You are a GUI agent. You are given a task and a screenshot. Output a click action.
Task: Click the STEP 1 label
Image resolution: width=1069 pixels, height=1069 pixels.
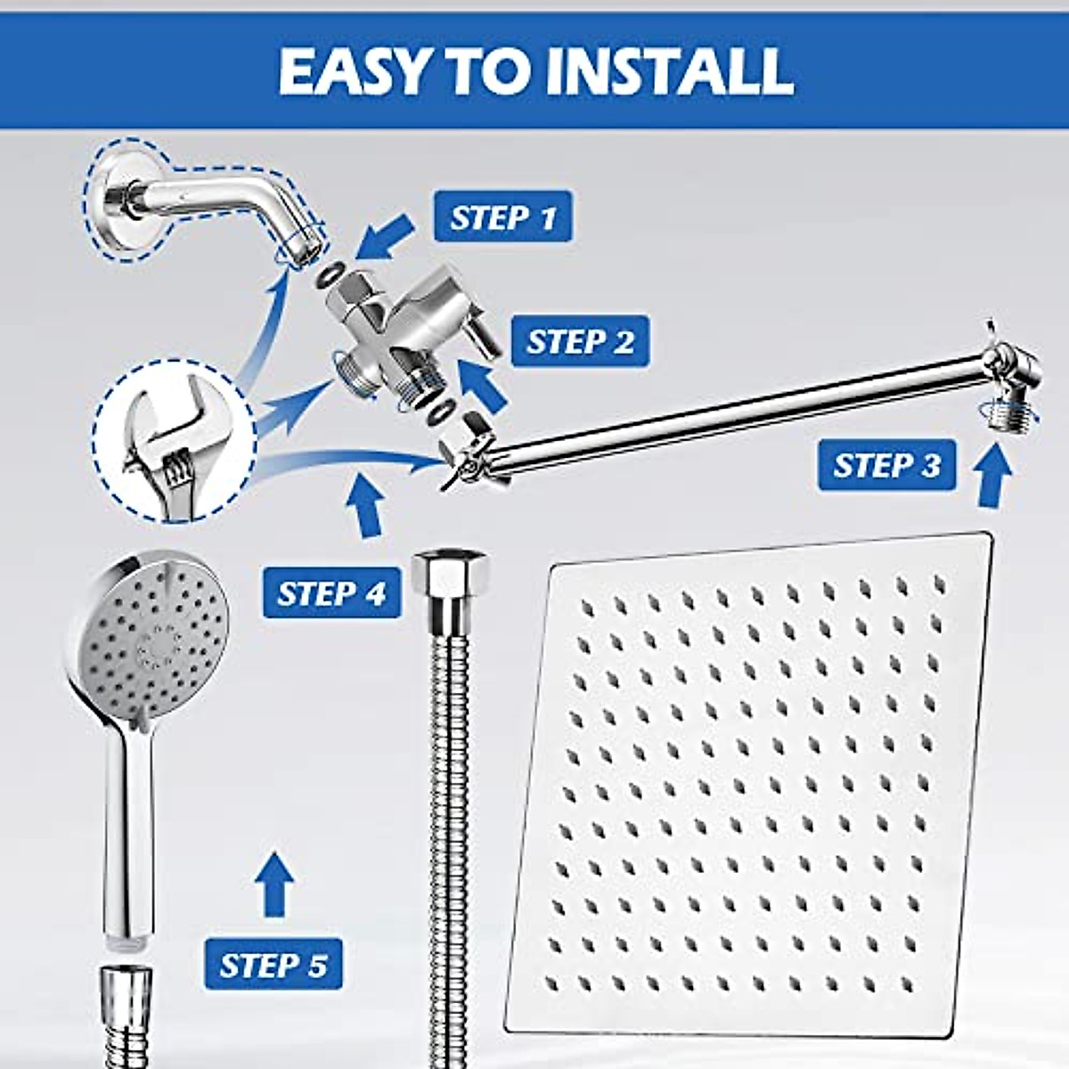(502, 217)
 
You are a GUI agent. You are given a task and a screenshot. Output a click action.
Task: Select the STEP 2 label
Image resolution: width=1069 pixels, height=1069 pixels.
(580, 341)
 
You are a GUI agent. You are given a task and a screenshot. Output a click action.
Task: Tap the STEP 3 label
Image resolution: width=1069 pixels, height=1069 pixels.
(886, 465)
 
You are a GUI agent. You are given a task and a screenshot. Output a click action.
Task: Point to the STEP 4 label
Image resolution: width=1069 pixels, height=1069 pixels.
(331, 593)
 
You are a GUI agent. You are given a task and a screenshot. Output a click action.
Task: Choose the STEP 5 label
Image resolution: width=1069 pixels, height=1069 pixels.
(273, 965)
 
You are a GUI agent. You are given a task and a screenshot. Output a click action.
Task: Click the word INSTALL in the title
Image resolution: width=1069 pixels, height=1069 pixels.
(668, 70)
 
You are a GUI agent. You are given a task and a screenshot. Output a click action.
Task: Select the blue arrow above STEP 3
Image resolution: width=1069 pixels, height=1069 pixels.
(993, 477)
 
